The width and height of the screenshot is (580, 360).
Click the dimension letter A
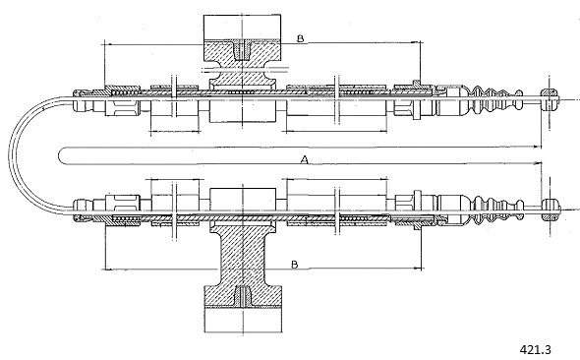(x=304, y=159)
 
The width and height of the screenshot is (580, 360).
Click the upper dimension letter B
(x=301, y=38)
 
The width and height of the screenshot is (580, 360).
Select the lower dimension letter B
(x=295, y=265)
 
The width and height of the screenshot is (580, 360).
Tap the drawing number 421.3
(x=535, y=349)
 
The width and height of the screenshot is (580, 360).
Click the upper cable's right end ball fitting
(x=550, y=100)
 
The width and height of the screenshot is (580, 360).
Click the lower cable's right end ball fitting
(x=551, y=210)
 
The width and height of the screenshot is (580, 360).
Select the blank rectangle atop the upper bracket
(x=242, y=27)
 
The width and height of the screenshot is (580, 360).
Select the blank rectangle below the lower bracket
(x=243, y=321)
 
